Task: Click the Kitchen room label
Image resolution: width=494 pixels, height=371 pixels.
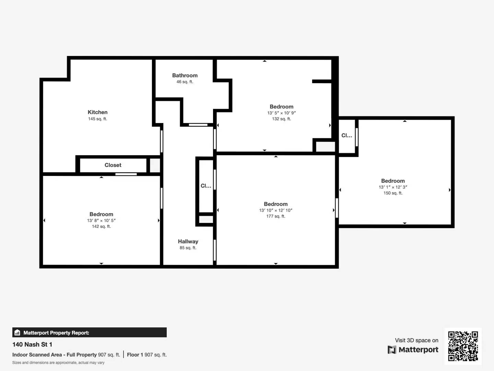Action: point(97,112)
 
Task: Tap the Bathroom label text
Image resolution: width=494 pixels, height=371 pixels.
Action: point(185,75)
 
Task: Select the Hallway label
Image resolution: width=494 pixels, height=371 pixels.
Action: point(188,241)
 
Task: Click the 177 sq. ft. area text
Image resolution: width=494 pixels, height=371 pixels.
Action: point(275,216)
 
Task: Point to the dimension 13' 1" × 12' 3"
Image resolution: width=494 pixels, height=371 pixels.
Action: point(393,187)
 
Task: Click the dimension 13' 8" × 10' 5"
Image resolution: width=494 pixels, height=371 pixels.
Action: point(101,221)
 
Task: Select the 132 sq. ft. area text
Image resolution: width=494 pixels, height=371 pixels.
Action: point(281,119)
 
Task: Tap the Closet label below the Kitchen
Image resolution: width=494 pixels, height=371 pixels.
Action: point(113,165)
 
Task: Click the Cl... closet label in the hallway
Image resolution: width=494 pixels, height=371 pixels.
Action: point(206,186)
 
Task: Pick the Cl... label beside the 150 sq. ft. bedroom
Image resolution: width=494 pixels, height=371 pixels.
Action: point(346,136)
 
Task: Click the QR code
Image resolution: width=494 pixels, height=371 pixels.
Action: point(463,346)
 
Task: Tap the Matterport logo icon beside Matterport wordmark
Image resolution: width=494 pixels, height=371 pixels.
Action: point(392,350)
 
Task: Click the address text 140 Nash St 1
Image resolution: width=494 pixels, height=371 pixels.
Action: point(32,345)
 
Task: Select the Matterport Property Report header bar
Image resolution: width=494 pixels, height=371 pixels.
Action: point(89,333)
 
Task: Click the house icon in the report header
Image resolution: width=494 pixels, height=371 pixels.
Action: point(17,333)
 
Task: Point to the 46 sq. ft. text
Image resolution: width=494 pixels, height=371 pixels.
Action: point(185,82)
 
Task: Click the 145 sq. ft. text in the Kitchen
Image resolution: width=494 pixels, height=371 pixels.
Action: point(97,119)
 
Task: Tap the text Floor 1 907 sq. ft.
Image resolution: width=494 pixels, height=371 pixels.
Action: point(147,355)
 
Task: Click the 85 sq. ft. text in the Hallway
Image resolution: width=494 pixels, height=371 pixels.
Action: point(188,248)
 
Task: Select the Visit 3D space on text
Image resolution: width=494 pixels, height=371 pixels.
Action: point(416,340)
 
